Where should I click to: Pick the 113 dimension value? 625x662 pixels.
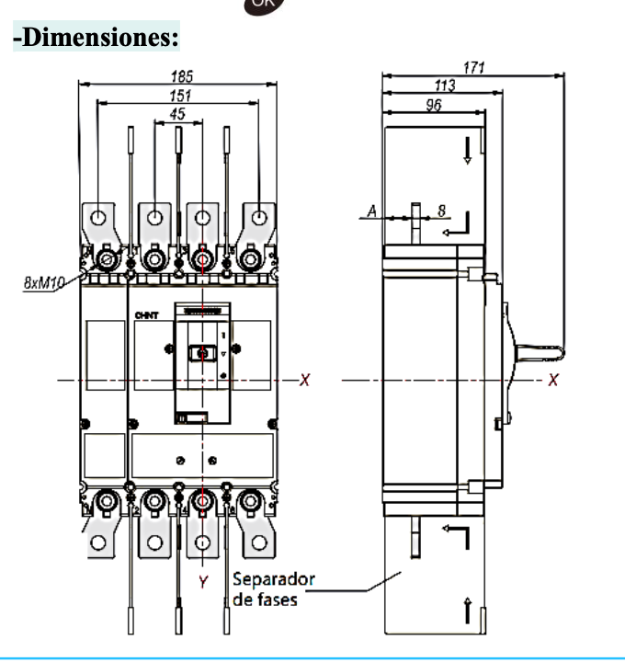click(x=445, y=85)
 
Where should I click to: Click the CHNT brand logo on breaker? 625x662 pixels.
click(x=146, y=315)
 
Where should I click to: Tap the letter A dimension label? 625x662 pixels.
click(x=372, y=211)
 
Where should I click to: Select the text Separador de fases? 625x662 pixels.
click(x=273, y=588)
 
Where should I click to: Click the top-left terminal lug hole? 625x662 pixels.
click(x=100, y=218)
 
